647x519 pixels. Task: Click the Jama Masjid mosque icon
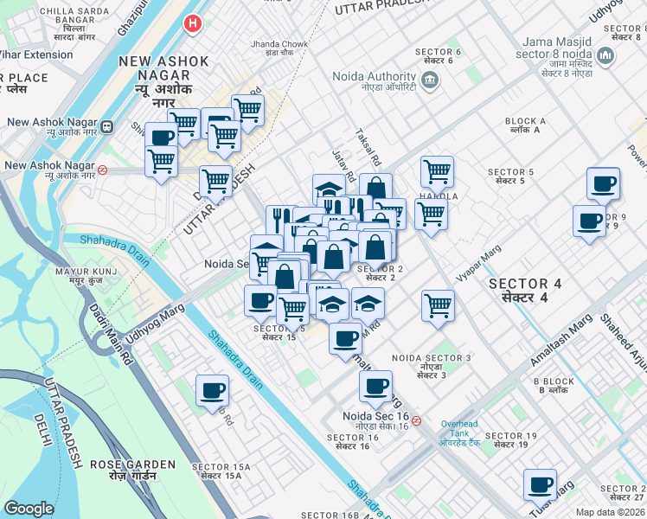point(606,56)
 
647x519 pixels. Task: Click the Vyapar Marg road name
point(479,262)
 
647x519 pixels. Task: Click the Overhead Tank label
point(458,429)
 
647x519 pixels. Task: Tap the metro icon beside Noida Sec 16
point(417,421)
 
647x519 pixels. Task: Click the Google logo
point(29,509)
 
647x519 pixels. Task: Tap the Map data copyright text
point(611,512)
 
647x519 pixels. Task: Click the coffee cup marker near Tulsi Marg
point(541,485)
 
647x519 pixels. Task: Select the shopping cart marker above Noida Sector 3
point(439,305)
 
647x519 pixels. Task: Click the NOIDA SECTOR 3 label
point(431,362)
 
